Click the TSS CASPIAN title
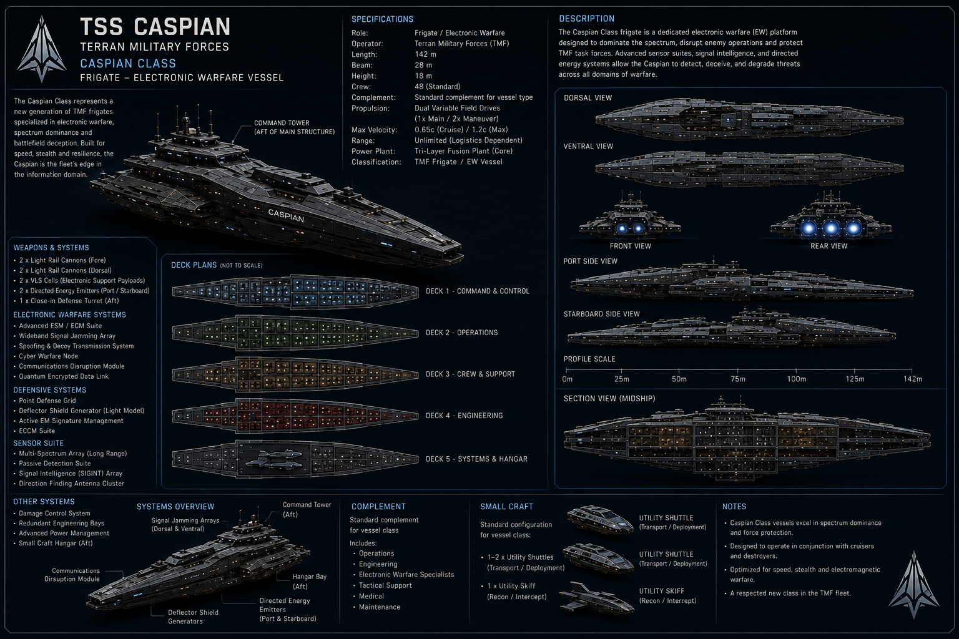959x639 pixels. click(155, 27)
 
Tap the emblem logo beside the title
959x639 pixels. click(42, 49)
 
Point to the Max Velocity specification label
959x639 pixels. click(374, 130)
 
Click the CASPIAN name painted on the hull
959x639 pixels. click(286, 215)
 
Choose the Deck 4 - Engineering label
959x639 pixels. click(464, 416)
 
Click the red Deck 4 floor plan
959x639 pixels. click(295, 416)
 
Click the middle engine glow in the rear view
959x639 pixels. click(831, 228)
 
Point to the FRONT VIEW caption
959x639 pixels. click(630, 246)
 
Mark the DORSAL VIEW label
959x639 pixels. click(588, 97)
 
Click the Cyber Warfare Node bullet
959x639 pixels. click(48, 356)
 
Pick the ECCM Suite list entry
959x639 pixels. click(37, 431)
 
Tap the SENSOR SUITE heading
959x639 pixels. click(39, 444)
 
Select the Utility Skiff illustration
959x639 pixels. click(597, 598)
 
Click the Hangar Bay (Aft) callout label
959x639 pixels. click(309, 581)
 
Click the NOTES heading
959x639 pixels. click(734, 507)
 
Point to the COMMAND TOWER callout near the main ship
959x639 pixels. click(295, 127)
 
